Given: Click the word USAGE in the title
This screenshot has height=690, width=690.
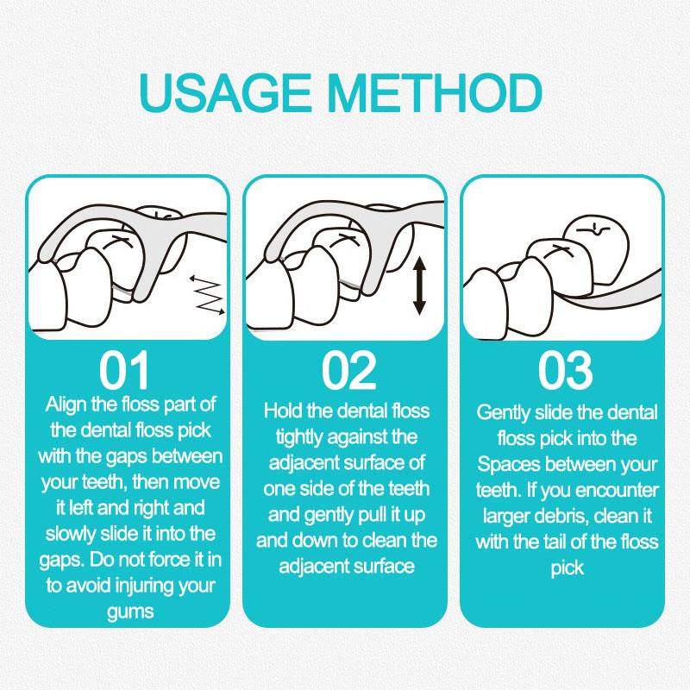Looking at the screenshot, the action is point(224,93).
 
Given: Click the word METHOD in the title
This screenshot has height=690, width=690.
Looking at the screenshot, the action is point(435,93).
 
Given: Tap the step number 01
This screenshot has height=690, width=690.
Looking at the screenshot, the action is point(123,371).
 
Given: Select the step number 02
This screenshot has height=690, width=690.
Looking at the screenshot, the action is point(348,371).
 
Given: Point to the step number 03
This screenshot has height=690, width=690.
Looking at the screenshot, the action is point(566,371).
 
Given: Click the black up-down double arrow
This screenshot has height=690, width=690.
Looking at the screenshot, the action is point(419,286).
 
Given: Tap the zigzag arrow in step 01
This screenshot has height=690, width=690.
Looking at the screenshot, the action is point(208,295).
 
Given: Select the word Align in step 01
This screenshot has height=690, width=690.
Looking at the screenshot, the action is point(66,405).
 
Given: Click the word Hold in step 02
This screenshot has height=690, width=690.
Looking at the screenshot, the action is point(283,411).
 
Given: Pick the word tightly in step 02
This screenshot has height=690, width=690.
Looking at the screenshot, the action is point(300,437).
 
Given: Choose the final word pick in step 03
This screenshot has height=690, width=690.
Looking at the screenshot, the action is point(568,568).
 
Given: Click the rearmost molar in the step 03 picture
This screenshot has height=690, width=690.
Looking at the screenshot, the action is point(596,247).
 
